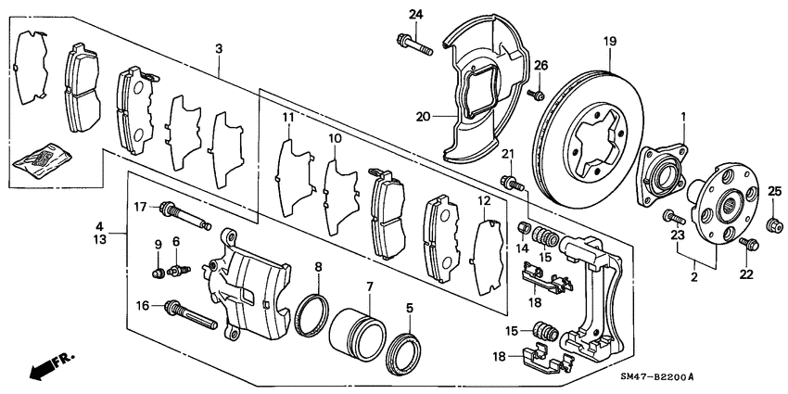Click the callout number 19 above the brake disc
(609, 41)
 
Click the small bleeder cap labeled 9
(159, 273)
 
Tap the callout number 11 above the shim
(288, 118)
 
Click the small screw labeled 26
(536, 94)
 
